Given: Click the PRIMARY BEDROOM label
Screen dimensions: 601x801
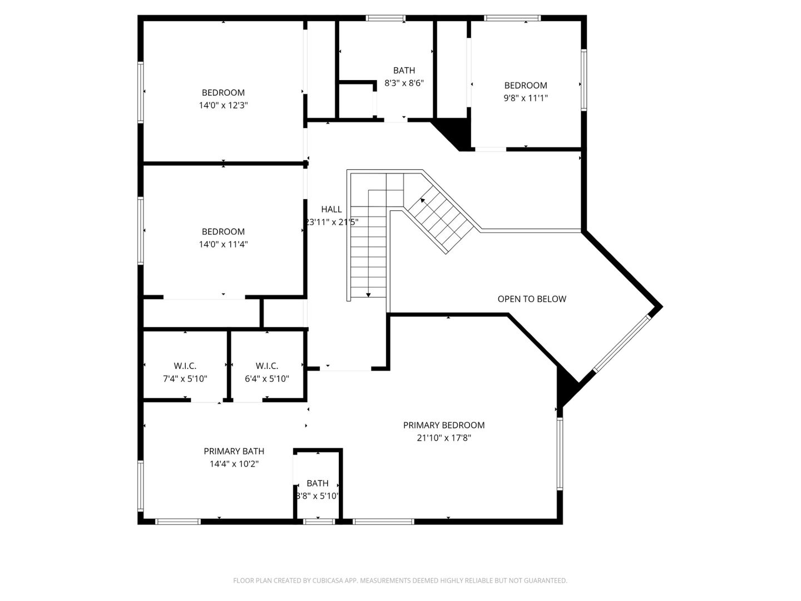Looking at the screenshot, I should [443, 425].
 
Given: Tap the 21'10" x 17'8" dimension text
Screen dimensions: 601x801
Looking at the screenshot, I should [443, 438].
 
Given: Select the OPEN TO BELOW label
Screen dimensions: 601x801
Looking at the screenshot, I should [532, 299].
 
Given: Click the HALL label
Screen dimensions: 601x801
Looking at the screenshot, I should [332, 209].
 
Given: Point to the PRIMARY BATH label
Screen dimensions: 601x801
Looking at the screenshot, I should [234, 451].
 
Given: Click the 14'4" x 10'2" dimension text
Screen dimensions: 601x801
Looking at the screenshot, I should [234, 464].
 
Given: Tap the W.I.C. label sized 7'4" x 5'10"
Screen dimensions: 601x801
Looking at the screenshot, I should [185, 366].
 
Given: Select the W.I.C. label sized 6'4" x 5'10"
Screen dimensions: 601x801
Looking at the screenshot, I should [267, 366].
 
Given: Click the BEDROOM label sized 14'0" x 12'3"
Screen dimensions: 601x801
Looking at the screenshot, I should [223, 92].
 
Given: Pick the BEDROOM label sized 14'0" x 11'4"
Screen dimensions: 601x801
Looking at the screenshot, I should [223, 231].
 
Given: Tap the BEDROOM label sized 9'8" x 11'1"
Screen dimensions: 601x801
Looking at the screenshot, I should [526, 85].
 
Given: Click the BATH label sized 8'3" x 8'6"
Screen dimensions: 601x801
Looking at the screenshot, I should [404, 70].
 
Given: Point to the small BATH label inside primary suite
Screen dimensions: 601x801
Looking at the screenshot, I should [318, 483].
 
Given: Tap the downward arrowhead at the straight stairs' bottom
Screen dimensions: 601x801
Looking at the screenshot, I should [368, 294].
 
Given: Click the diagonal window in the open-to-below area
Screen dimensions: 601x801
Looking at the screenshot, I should [622, 344].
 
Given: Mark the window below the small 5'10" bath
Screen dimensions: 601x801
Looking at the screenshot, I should [319, 521].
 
